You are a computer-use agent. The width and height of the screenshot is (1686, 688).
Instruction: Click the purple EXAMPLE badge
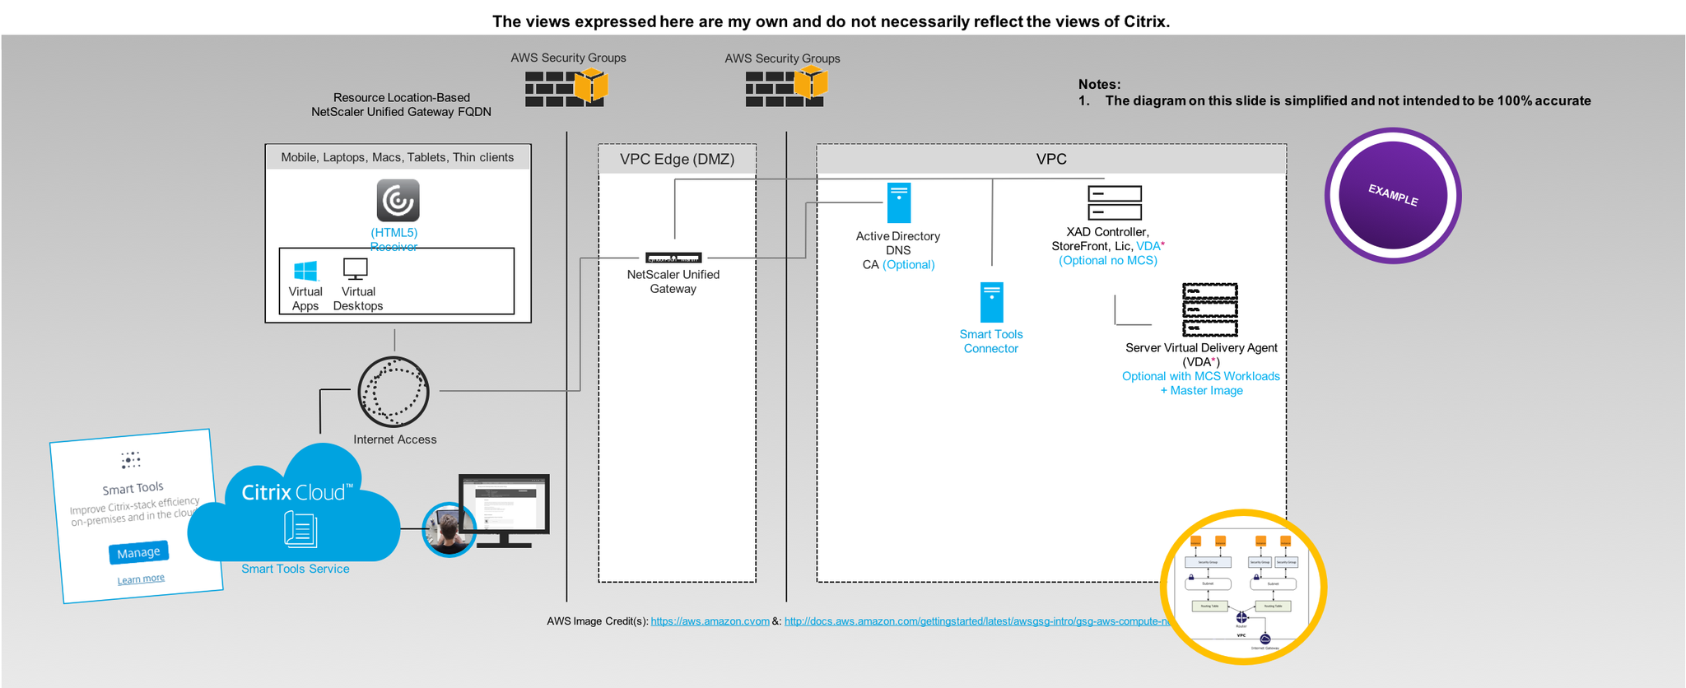1392,196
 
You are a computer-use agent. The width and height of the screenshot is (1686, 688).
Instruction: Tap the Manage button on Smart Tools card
138,552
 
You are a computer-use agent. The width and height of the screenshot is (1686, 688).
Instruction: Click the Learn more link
141,579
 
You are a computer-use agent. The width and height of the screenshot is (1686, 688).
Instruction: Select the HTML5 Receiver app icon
398,201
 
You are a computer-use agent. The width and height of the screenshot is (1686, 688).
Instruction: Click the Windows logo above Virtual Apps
305,271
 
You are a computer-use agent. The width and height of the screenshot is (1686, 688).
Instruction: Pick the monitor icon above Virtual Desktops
356,269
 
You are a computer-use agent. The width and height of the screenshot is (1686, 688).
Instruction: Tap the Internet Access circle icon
394,392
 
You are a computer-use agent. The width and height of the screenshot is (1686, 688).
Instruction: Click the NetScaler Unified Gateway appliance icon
673,258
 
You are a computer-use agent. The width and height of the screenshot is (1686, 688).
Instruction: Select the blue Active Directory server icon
899,203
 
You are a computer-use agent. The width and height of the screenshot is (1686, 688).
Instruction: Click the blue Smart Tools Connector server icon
992,303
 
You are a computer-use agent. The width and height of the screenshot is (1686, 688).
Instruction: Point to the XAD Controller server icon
1115,202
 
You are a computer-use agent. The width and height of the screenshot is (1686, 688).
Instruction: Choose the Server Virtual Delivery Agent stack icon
1210,309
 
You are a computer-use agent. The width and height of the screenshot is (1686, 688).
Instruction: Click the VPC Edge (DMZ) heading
677,159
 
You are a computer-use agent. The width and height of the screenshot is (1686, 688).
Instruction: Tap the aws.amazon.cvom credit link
710,621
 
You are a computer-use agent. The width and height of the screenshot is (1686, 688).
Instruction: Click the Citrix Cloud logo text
296,492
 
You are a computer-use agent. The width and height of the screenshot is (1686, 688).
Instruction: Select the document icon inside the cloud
300,529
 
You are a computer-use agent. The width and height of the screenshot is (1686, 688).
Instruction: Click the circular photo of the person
449,529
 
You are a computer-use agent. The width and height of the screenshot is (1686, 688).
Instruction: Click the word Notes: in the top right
1099,84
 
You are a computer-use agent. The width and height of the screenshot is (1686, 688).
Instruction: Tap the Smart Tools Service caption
295,569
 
